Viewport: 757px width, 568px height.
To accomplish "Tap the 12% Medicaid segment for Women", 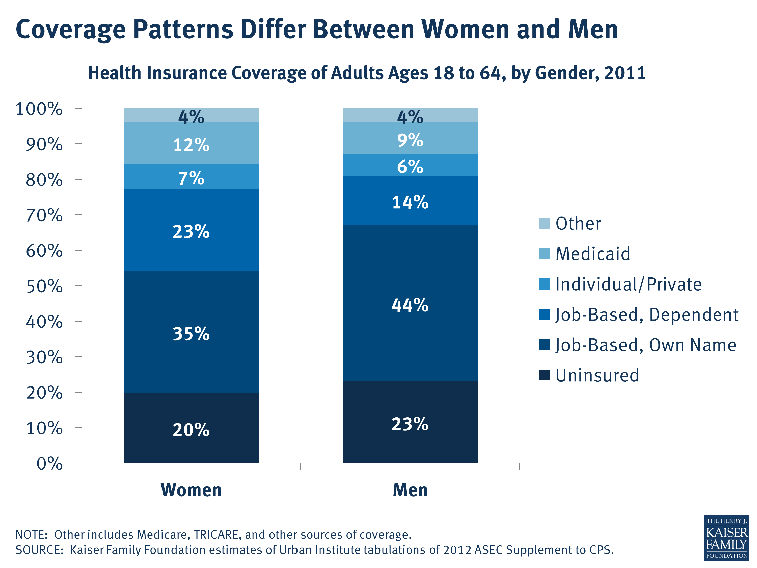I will click(x=191, y=144).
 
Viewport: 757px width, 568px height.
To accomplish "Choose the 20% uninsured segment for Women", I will click(x=191, y=429).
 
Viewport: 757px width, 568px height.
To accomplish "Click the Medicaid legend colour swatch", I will click(x=544, y=254).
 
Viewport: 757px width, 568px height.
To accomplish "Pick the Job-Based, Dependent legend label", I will click(x=646, y=314).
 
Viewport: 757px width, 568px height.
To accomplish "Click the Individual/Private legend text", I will click(x=628, y=284).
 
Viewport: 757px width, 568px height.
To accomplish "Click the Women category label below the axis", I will click(x=191, y=490).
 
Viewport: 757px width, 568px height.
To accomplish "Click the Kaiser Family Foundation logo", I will click(x=726, y=538).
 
